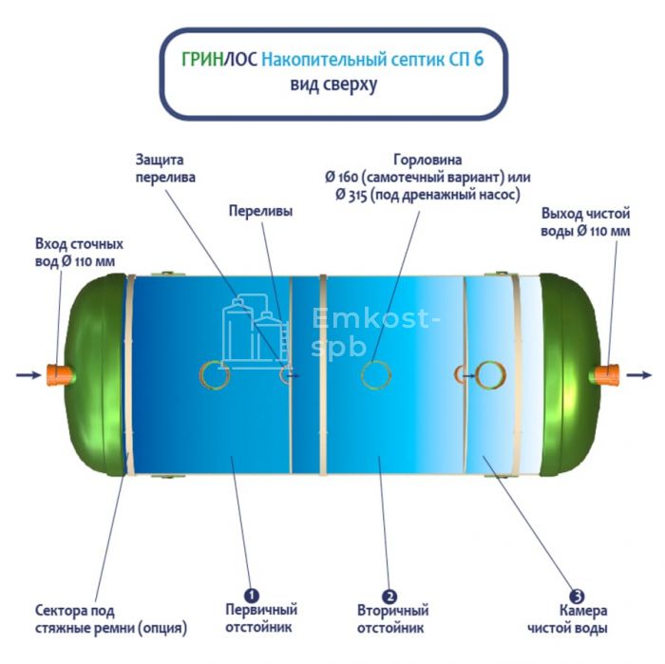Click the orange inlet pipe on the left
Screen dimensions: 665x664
click(x=58, y=375)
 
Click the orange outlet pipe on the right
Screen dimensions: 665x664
click(x=607, y=375)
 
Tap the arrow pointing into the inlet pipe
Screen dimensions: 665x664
click(x=28, y=375)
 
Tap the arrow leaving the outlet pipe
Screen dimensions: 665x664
click(x=638, y=375)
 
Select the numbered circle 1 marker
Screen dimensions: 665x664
click(x=252, y=596)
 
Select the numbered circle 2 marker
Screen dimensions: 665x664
click(x=389, y=597)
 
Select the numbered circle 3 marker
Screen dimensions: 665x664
click(x=577, y=597)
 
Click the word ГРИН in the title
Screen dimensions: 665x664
click(x=202, y=59)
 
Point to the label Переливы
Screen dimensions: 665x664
click(x=260, y=211)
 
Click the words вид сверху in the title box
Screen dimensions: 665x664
click(x=333, y=84)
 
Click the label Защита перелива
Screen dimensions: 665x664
click(x=165, y=168)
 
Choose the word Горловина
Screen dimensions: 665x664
click(x=427, y=160)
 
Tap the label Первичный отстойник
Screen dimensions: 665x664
click(x=261, y=618)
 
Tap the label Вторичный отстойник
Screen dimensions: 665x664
click(x=392, y=619)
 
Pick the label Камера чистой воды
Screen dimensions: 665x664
click(x=567, y=619)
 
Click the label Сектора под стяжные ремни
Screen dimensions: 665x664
click(x=111, y=619)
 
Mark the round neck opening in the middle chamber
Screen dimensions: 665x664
click(x=376, y=375)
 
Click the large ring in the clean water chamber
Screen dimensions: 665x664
click(x=490, y=375)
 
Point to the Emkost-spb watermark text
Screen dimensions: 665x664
click(x=375, y=332)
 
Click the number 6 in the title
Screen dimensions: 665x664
click(x=479, y=59)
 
